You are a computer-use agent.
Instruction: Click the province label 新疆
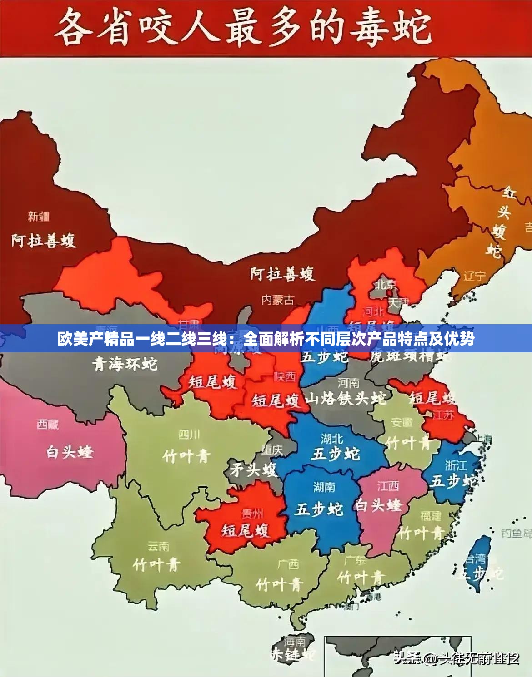click(x=39, y=217)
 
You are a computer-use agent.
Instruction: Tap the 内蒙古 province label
click(x=278, y=300)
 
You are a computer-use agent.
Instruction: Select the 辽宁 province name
click(x=475, y=276)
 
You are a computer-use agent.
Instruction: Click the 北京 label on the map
click(x=386, y=284)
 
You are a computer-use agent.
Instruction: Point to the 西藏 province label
click(x=48, y=425)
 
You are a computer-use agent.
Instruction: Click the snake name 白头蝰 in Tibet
click(x=70, y=452)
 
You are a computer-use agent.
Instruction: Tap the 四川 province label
click(x=189, y=435)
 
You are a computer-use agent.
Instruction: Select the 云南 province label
click(x=158, y=546)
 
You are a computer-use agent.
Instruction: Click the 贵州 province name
click(x=252, y=514)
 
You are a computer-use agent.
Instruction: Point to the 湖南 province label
click(x=324, y=487)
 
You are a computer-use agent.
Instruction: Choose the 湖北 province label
click(x=332, y=439)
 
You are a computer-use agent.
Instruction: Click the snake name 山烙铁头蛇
click(x=346, y=399)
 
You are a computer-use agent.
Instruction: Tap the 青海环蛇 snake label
click(x=125, y=364)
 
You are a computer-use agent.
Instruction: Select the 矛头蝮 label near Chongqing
click(x=253, y=469)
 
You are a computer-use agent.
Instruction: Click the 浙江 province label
click(x=456, y=465)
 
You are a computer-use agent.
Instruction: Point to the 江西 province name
click(x=388, y=486)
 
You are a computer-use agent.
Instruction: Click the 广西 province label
click(x=288, y=564)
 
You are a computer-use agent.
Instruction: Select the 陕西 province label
click(x=285, y=376)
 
